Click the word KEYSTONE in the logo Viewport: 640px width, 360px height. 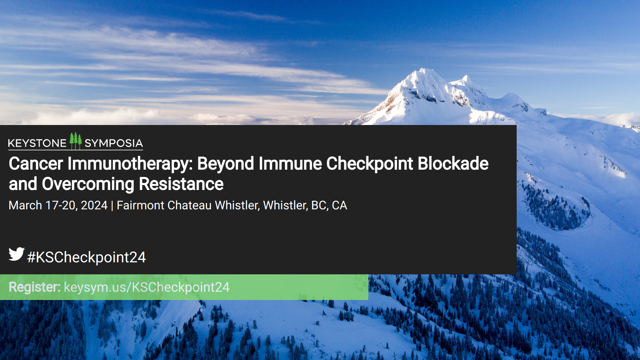[x=37, y=143]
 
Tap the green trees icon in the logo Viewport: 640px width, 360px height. [x=76, y=141]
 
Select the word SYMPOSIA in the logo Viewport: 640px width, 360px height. [x=114, y=143]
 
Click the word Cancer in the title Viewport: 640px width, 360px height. [x=36, y=164]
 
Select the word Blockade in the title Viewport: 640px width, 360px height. [x=453, y=164]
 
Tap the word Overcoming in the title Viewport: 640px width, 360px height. [x=88, y=185]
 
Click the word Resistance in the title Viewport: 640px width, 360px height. [x=181, y=184]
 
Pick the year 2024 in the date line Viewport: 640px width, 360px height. [x=94, y=205]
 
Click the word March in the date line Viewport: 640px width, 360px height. [x=25, y=205]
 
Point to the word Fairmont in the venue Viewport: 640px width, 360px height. [x=140, y=205]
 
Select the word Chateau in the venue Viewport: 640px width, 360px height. [x=189, y=205]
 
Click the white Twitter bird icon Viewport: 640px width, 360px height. [x=16, y=254]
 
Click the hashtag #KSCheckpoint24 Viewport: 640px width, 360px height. [x=86, y=257]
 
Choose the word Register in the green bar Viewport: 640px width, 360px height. [x=34, y=287]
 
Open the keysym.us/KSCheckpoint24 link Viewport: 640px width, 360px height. [x=147, y=287]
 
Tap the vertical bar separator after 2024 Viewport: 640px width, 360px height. [x=112, y=206]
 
